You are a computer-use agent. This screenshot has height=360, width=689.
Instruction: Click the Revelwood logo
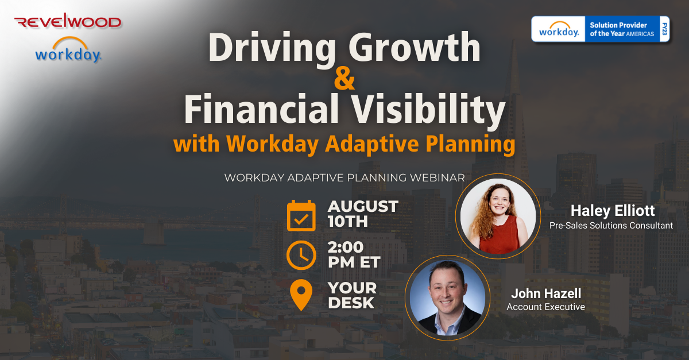[68, 22]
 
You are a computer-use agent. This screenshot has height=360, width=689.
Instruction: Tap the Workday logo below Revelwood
[68, 51]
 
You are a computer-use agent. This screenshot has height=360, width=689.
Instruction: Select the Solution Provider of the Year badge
[601, 29]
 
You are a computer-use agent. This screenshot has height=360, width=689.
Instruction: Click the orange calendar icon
[301, 215]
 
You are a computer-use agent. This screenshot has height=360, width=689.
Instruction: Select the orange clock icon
[301, 256]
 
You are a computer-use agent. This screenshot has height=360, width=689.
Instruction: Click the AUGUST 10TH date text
[362, 214]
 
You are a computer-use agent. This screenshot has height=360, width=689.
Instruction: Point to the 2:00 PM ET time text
[354, 254]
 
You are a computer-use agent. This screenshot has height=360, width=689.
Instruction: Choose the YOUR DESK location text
[352, 295]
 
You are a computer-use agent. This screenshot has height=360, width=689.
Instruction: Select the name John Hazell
[545, 293]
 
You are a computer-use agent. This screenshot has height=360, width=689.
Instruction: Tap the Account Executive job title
[545, 307]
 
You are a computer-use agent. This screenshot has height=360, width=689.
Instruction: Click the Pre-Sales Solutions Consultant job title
[611, 226]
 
